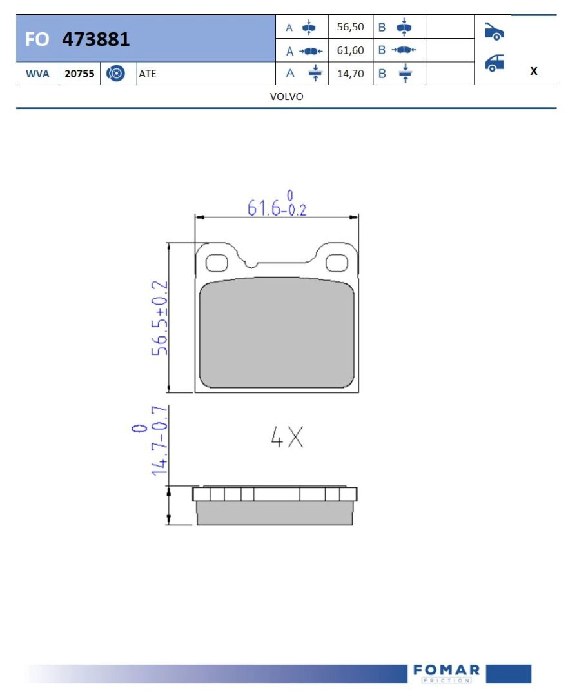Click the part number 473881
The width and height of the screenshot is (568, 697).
[96, 39]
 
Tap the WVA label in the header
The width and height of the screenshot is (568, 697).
[37, 74]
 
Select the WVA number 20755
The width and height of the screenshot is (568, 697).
[79, 74]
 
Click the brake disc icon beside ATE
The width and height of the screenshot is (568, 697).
[115, 74]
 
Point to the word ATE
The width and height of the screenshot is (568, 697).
[148, 74]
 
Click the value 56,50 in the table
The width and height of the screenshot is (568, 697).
[350, 27]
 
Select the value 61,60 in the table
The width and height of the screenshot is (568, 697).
[350, 50]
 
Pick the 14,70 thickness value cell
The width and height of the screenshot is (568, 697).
[350, 74]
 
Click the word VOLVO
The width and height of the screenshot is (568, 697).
[286, 96]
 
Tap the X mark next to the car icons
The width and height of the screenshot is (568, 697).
[534, 71]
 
